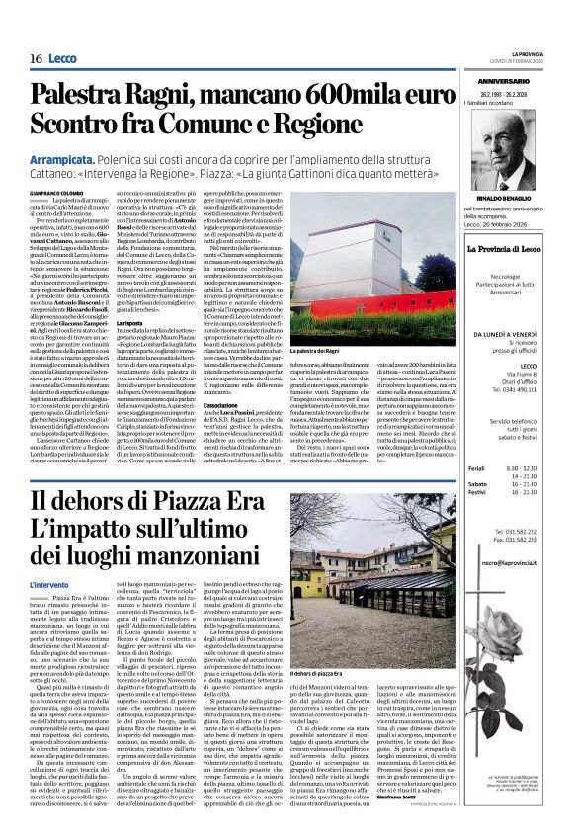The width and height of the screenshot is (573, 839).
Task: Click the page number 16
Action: tap(35, 59)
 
